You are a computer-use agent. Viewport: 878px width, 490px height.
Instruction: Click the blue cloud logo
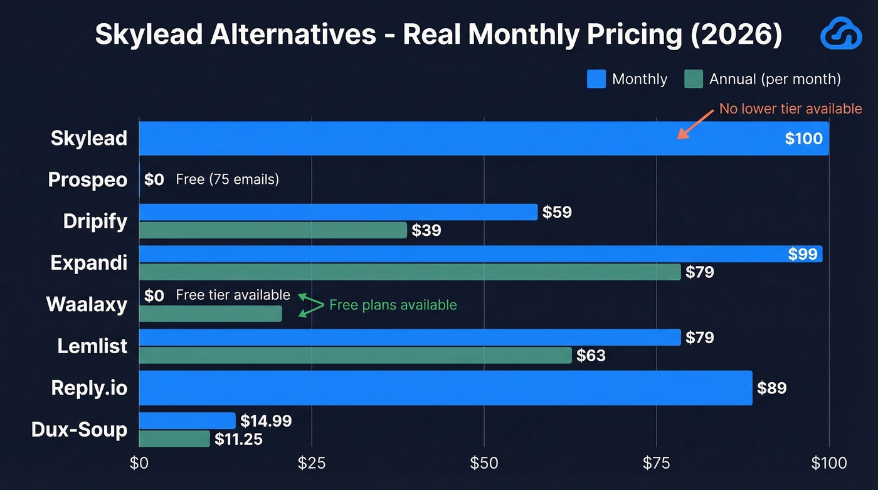[x=841, y=35]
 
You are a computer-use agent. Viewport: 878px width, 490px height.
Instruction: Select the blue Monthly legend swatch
[x=596, y=79]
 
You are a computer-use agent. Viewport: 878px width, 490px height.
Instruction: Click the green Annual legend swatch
[x=693, y=79]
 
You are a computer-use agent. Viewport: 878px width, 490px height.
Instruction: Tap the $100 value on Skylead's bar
[x=803, y=138]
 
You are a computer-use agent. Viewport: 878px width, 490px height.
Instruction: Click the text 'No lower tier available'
[x=790, y=109]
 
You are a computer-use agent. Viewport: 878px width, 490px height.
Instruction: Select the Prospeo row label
[x=88, y=180]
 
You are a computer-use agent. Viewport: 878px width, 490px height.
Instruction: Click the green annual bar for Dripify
[x=273, y=230]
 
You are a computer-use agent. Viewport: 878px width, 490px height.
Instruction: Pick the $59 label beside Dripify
[x=557, y=212]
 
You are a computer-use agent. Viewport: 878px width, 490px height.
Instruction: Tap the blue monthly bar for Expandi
[x=480, y=253]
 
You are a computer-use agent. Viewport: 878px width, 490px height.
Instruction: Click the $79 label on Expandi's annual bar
[x=699, y=272]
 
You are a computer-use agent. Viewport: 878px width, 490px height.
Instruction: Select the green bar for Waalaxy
[x=210, y=314]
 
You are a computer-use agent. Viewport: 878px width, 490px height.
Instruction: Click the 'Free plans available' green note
[x=393, y=306]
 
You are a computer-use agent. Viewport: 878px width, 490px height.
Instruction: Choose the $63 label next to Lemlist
[x=591, y=356]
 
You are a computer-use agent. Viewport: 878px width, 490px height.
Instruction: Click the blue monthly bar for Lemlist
[x=410, y=338]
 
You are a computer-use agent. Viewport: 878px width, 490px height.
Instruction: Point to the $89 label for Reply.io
[x=771, y=388]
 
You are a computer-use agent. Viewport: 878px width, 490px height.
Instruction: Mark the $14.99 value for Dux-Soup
[x=266, y=421]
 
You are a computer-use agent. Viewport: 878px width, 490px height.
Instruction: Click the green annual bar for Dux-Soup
[x=174, y=439]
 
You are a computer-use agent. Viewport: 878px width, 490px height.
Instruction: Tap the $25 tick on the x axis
[x=311, y=464]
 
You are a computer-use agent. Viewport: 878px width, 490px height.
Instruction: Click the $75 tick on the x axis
[x=656, y=464]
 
